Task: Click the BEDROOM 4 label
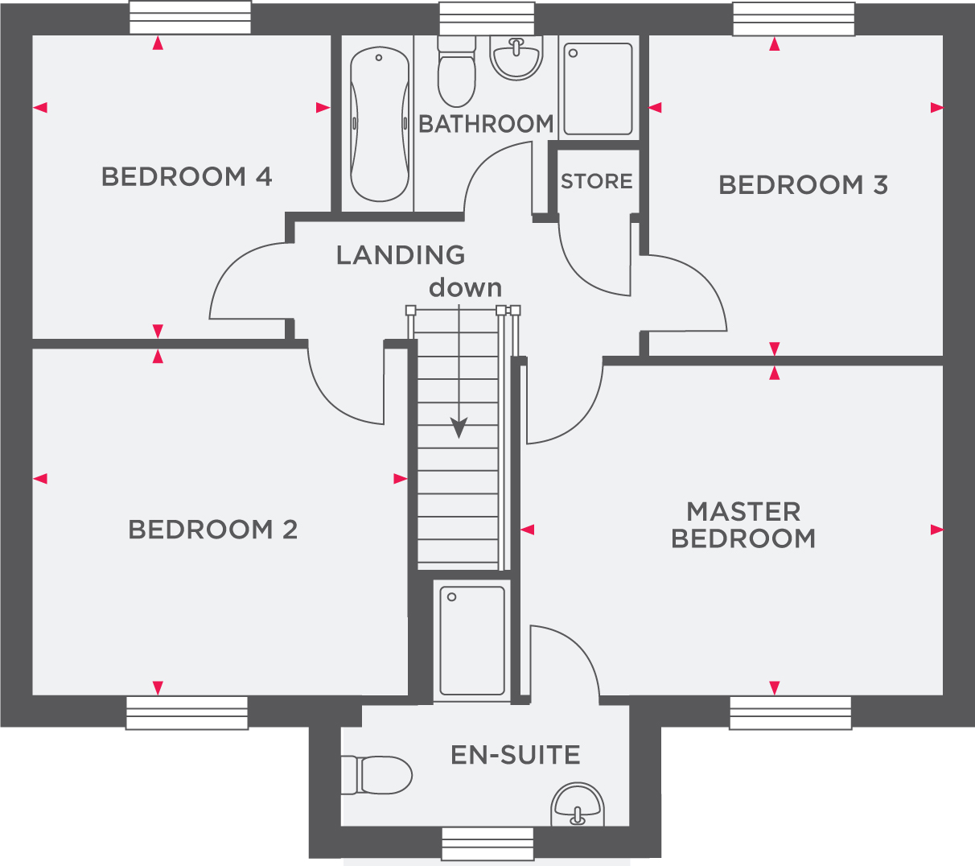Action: click(x=187, y=176)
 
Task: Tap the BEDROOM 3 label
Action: click(x=803, y=185)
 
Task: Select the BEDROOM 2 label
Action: click(x=212, y=530)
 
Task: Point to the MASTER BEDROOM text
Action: click(x=743, y=525)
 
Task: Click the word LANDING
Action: click(x=401, y=255)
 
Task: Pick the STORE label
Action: click(x=597, y=181)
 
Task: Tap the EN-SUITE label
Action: click(x=516, y=755)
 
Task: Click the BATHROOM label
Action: click(x=486, y=124)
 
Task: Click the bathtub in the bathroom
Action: click(x=380, y=124)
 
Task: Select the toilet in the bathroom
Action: click(x=457, y=72)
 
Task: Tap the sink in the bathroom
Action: click(x=516, y=58)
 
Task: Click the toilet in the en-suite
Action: click(x=376, y=775)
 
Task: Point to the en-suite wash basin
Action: click(x=578, y=804)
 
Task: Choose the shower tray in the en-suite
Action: click(x=472, y=641)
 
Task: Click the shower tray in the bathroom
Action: click(x=599, y=89)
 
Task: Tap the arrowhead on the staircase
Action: click(x=459, y=427)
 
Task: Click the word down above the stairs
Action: click(x=465, y=287)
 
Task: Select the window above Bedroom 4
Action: click(x=190, y=18)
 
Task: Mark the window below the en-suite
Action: click(x=488, y=843)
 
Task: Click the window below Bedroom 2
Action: click(x=187, y=713)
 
